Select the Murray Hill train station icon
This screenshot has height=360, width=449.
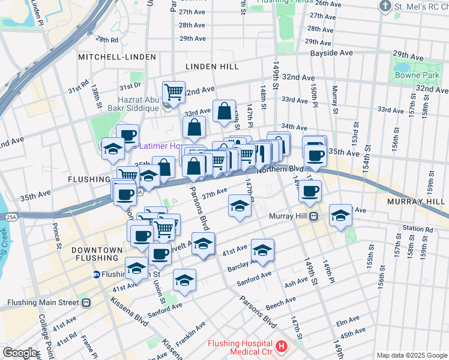coord(313,217)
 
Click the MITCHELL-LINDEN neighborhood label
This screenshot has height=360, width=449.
coord(116,57)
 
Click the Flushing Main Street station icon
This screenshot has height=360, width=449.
coord(86,303)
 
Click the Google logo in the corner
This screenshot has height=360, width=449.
coord(20,353)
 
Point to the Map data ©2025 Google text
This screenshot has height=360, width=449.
coord(411,355)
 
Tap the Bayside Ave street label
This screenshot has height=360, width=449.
coord(331,53)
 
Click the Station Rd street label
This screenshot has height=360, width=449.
coord(418,229)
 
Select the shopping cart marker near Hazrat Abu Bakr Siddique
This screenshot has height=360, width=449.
coord(173,92)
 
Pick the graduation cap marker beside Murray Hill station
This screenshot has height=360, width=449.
coord(340,215)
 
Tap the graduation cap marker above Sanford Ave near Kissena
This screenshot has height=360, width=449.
coord(184,280)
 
